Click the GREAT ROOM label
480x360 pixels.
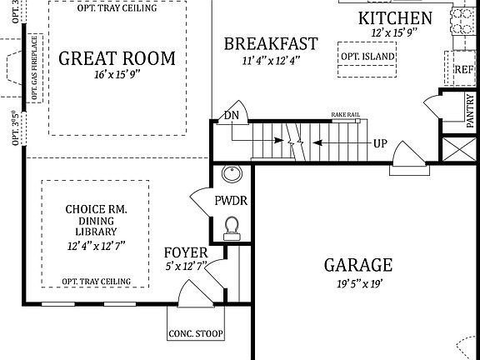(x=117, y=58)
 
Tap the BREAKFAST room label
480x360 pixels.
(x=271, y=43)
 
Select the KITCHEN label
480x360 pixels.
(x=395, y=18)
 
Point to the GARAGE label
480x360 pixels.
(x=357, y=265)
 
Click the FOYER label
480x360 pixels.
(x=185, y=252)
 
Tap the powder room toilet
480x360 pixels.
(x=232, y=225)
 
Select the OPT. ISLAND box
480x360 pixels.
(x=367, y=57)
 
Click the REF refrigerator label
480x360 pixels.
(x=463, y=70)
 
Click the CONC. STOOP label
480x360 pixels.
(x=195, y=336)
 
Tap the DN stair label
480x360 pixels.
(x=231, y=115)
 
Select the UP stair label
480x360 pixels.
(x=380, y=143)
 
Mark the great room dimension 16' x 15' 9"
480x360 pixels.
(x=117, y=76)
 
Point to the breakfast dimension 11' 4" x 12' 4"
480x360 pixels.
(x=271, y=60)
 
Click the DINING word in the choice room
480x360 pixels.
(x=95, y=222)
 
